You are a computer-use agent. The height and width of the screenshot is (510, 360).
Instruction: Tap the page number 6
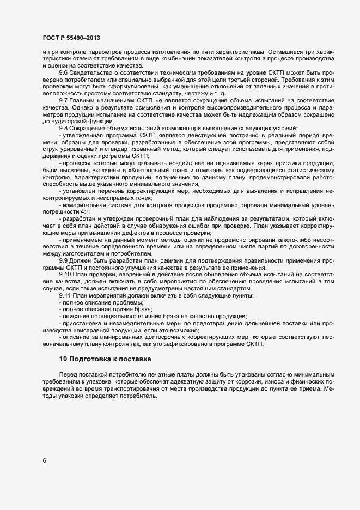(44, 459)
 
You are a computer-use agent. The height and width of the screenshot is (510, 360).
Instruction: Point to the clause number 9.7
(63, 101)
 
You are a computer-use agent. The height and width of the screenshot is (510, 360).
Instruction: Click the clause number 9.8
(63, 129)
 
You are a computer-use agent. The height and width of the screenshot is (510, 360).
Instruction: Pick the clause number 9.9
(63, 260)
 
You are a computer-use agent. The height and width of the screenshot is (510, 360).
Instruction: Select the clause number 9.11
(64, 295)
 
